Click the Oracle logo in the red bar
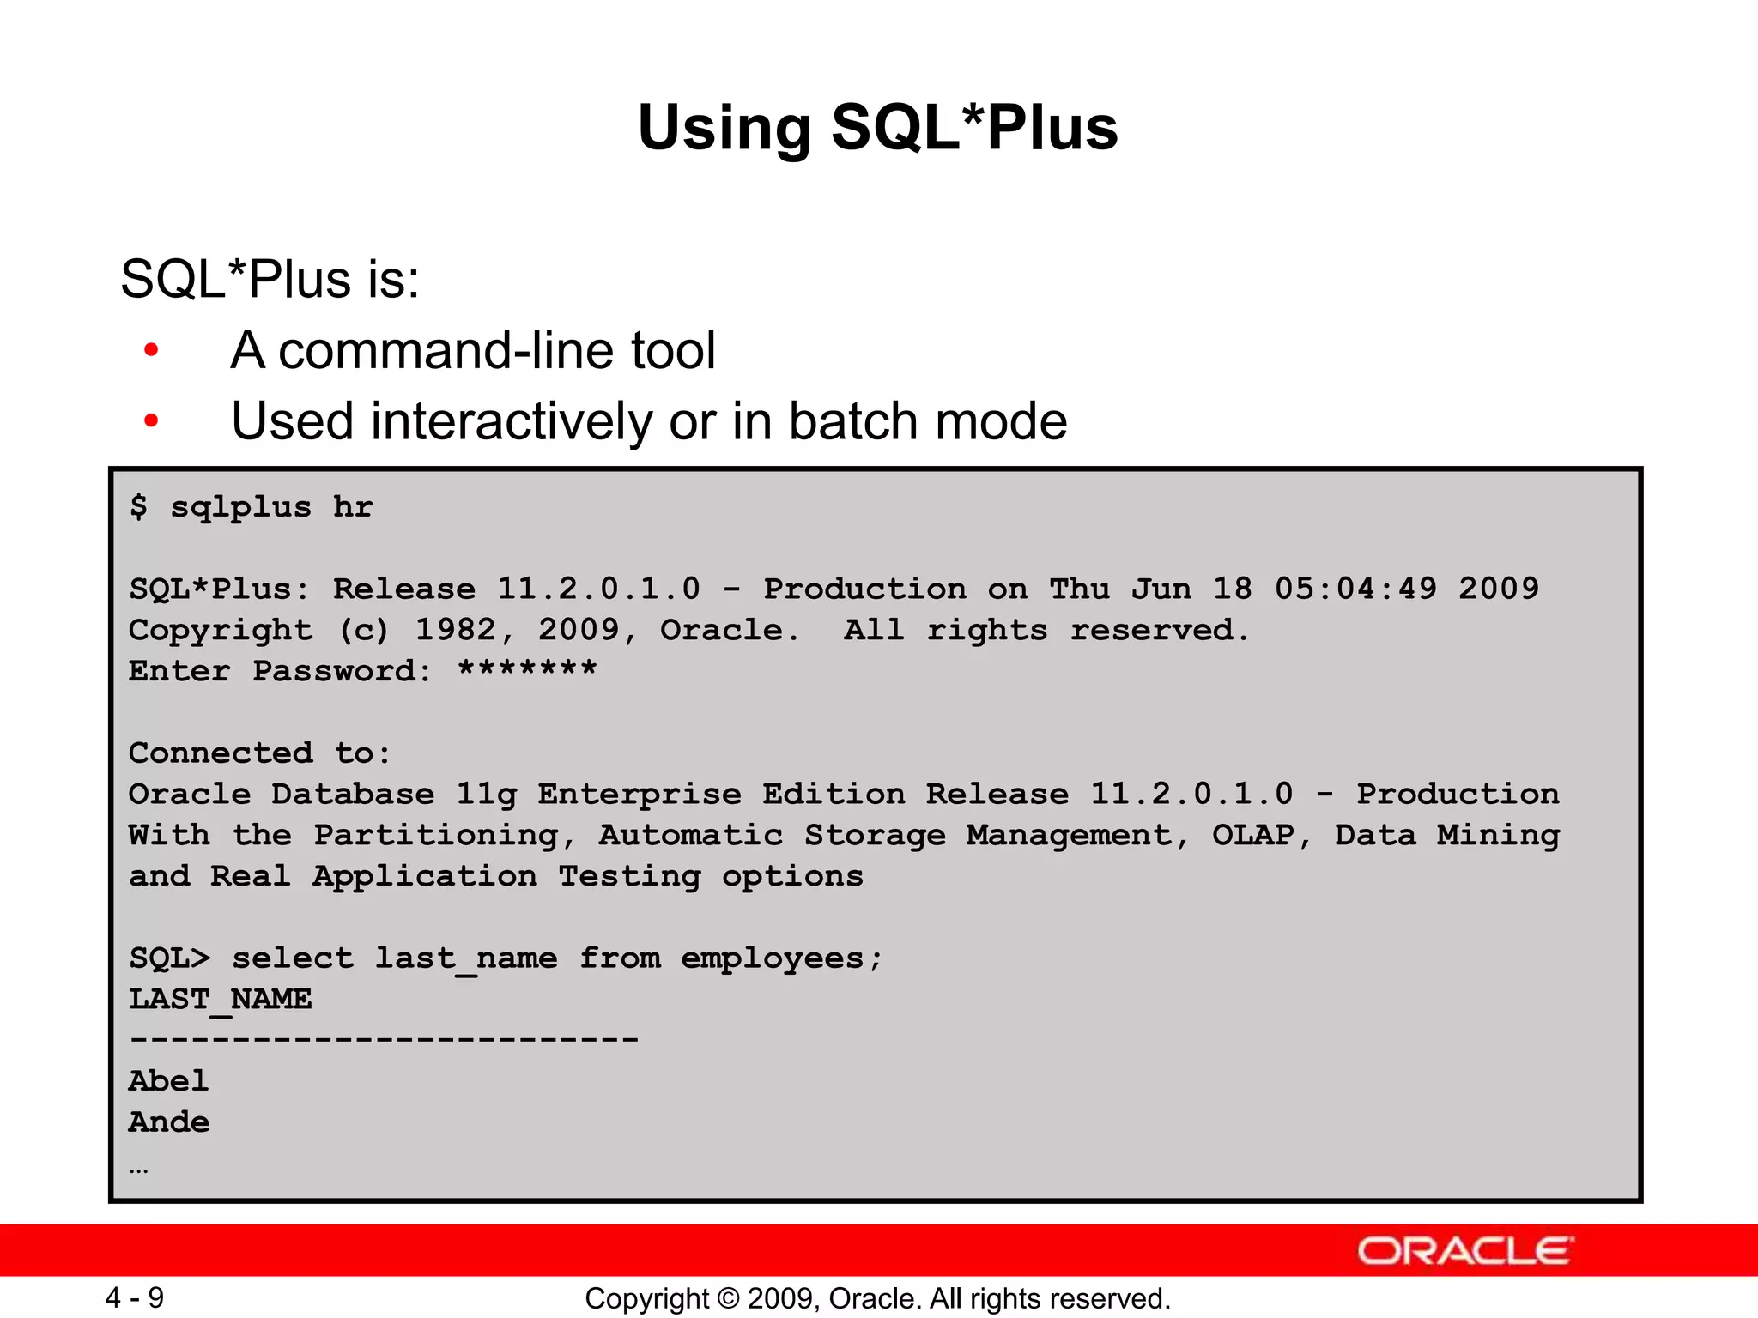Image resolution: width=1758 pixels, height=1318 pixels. (x=1464, y=1251)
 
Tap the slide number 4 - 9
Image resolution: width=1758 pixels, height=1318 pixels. (x=135, y=1297)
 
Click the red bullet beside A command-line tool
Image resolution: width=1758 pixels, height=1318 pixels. (x=152, y=350)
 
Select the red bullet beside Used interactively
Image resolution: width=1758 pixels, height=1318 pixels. (x=152, y=421)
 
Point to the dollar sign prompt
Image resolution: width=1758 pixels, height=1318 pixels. (x=138, y=506)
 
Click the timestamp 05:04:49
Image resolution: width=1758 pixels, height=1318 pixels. (x=1355, y=589)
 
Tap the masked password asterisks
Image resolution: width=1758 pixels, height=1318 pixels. (x=527, y=669)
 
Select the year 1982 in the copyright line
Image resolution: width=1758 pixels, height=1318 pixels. (x=456, y=630)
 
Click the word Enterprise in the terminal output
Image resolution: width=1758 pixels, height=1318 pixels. (x=640, y=794)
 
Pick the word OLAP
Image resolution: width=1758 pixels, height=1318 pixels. (x=1252, y=835)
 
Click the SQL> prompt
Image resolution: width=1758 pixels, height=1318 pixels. (x=169, y=958)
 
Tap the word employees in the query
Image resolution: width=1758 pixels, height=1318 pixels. (x=772, y=958)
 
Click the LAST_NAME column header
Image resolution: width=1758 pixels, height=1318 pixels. (x=221, y=999)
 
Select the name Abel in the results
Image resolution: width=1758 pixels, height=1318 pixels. (x=169, y=1081)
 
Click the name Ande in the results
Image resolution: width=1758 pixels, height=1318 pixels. (x=169, y=1122)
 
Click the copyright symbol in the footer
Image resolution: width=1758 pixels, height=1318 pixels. (x=729, y=1298)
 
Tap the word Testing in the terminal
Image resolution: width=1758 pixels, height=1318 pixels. (x=629, y=876)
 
